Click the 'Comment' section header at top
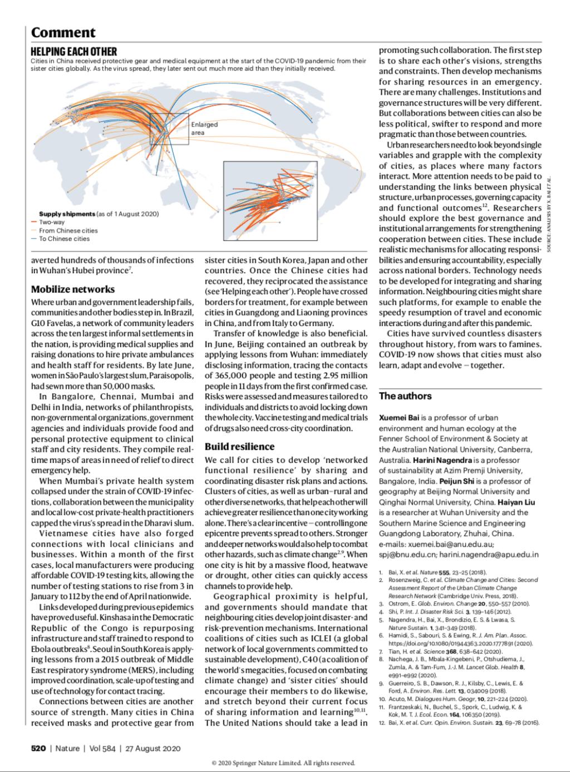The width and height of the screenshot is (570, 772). point(63,33)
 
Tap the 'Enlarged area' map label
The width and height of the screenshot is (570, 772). point(204,128)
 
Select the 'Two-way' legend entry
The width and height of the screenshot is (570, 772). point(52,222)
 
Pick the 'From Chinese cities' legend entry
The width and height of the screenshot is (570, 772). point(68,230)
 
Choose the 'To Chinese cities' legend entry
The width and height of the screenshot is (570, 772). point(64,239)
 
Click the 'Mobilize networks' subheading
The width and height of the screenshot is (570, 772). point(73,289)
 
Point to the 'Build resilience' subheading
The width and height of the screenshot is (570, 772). point(239,446)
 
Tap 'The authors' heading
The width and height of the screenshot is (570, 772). point(405,396)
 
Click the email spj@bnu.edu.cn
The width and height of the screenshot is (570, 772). point(406,555)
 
